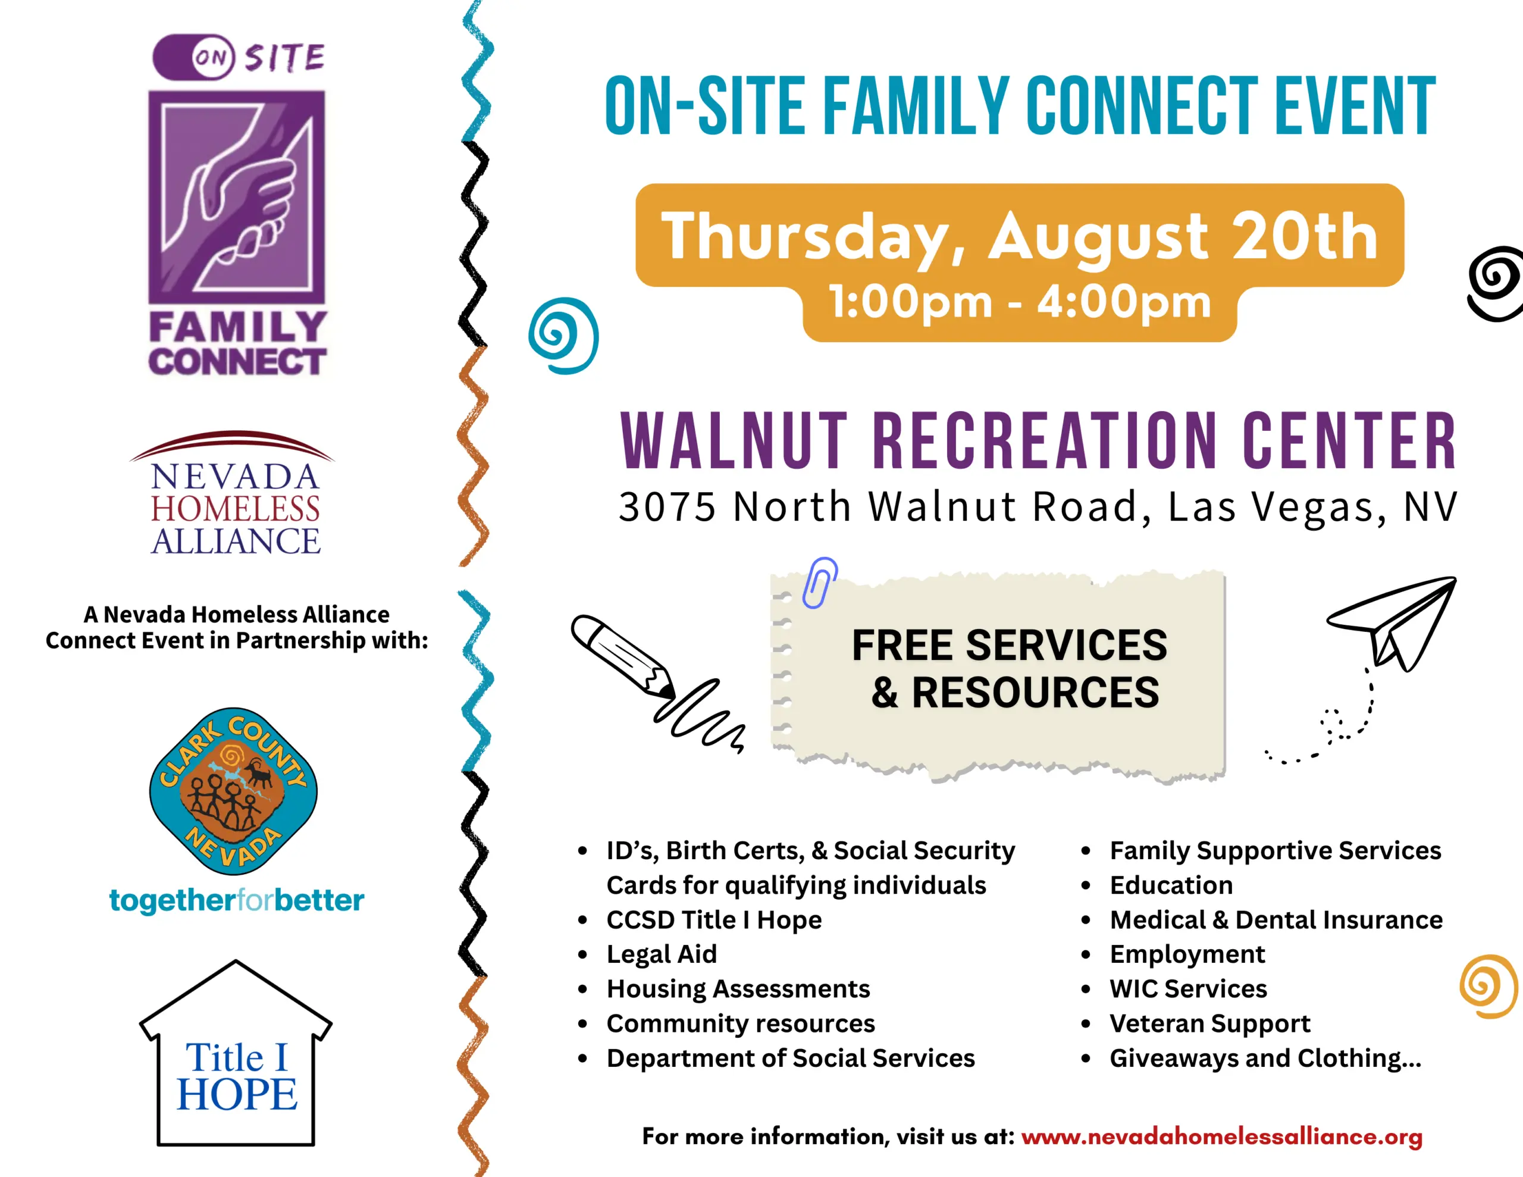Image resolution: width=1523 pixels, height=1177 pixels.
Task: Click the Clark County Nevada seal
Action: (234, 790)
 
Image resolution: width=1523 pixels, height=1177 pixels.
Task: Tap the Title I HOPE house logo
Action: (236, 1053)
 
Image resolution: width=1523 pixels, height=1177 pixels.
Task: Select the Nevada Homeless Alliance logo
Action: (234, 493)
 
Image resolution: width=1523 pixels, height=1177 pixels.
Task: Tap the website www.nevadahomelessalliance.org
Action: (1222, 1137)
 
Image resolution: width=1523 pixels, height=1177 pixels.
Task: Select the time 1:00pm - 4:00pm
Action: (1020, 302)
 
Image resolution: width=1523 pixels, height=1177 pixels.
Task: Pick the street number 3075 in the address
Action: (668, 506)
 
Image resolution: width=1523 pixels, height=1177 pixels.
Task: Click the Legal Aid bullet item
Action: (661, 954)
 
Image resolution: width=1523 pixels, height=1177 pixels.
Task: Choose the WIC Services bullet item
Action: (1188, 988)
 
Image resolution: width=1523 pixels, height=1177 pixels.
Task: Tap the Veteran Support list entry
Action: (1210, 1023)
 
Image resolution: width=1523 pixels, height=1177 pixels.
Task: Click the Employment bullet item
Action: (1187, 954)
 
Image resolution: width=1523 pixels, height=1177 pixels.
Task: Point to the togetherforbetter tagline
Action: (236, 900)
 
